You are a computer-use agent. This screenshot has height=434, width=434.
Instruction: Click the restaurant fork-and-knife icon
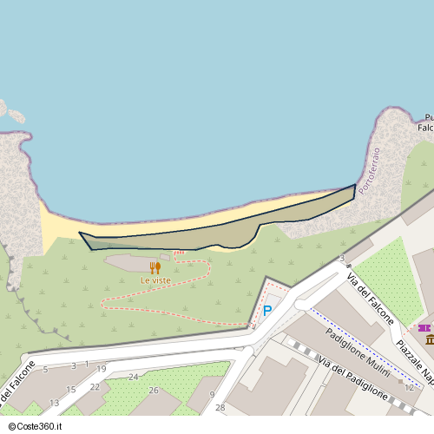[155, 268]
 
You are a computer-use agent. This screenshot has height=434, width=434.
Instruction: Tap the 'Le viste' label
[155, 280]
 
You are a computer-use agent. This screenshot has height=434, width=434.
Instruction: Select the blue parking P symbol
[267, 311]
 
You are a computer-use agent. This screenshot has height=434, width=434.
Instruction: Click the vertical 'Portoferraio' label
[370, 170]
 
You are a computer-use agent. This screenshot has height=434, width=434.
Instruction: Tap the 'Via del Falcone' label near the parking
[371, 299]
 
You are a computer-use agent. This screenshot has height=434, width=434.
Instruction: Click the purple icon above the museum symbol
[424, 328]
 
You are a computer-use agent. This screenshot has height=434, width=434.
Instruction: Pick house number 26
[154, 390]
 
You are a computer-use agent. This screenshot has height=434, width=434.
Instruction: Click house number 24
[133, 377]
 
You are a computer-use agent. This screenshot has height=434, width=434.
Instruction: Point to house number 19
[102, 369]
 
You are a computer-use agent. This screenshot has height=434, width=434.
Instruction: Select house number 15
[71, 390]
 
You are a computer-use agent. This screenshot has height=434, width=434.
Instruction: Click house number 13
[54, 403]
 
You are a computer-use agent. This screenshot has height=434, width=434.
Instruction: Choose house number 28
[220, 407]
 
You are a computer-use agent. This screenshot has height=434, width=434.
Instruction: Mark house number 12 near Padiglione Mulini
[409, 387]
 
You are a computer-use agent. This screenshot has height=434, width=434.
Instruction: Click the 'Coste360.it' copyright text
[37, 425]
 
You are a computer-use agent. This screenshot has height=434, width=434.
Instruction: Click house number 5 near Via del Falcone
[45, 370]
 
